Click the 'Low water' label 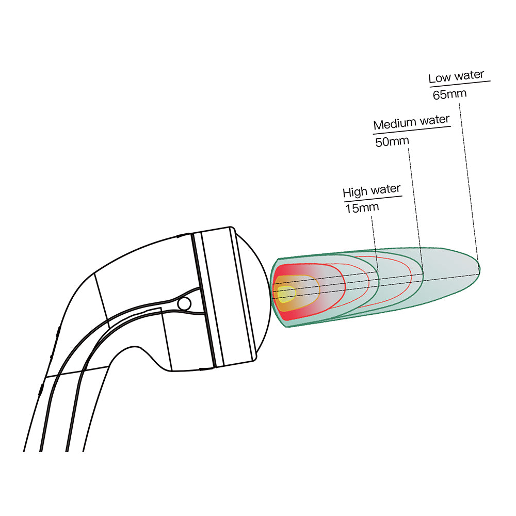pyautogui.click(x=456, y=76)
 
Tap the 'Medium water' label pyautogui.click(x=411, y=123)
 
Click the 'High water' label pyautogui.click(x=372, y=191)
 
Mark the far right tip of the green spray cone pyautogui.click(x=479, y=267)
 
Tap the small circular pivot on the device pyautogui.click(x=183, y=303)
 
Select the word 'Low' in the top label pyautogui.click(x=439, y=78)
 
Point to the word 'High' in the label pyautogui.click(x=354, y=192)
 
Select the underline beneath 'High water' pyautogui.click(x=372, y=199)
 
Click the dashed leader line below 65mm pyautogui.click(x=467, y=181)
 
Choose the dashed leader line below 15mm pyautogui.click(x=375, y=243)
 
